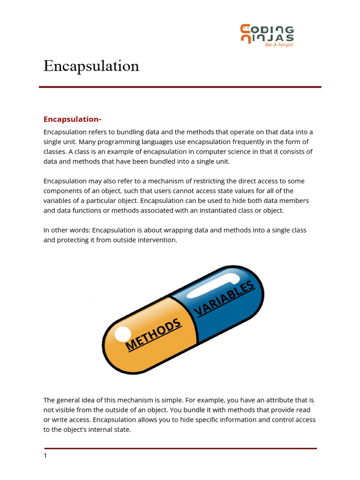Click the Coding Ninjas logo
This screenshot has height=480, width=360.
[267, 35]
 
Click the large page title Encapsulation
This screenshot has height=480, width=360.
[91, 66]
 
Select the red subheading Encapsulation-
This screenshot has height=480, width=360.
[73, 119]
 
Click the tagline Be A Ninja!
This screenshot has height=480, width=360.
[279, 45]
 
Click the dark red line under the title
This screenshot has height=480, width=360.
[180, 87]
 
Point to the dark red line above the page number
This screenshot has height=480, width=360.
[180, 449]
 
